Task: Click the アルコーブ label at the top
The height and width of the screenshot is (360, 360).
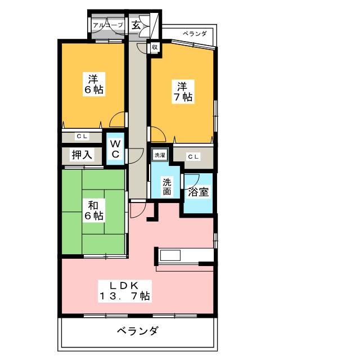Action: (x=107, y=25)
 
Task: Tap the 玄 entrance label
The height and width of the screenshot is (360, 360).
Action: (x=137, y=25)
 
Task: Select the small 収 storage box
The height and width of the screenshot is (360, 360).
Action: (x=154, y=48)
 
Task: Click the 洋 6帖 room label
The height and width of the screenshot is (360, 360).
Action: (x=93, y=83)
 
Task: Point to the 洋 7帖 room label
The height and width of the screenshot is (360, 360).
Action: (x=183, y=91)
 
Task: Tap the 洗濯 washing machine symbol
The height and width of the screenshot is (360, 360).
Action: (x=159, y=155)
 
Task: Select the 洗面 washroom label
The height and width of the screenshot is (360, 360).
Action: (x=167, y=187)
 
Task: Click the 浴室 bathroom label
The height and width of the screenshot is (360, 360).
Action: (x=199, y=192)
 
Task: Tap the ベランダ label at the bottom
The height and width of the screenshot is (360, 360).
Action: (x=137, y=331)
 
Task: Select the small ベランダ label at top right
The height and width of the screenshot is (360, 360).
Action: (x=195, y=34)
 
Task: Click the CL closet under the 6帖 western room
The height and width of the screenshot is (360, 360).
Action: (x=82, y=136)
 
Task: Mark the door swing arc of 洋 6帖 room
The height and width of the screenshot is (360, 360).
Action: (x=118, y=120)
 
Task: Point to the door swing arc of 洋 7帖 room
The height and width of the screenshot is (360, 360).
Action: (x=156, y=134)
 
